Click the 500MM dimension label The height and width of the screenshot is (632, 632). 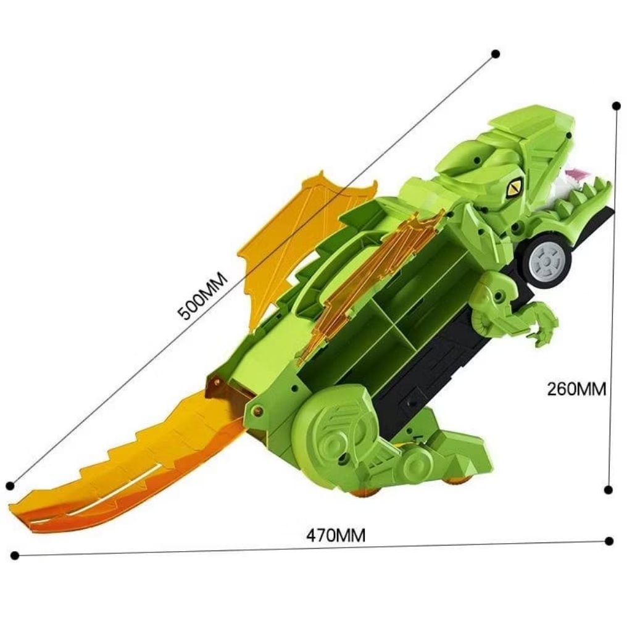coord(203,296)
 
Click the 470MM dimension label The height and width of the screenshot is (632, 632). coord(336,536)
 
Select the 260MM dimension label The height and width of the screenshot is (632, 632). coord(576,389)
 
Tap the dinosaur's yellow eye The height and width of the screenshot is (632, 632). coord(515,187)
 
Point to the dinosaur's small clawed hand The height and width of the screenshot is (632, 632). coord(541,324)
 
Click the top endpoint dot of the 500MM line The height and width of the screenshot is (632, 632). coord(496,54)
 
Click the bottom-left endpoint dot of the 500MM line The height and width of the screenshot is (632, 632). coord(11,486)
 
